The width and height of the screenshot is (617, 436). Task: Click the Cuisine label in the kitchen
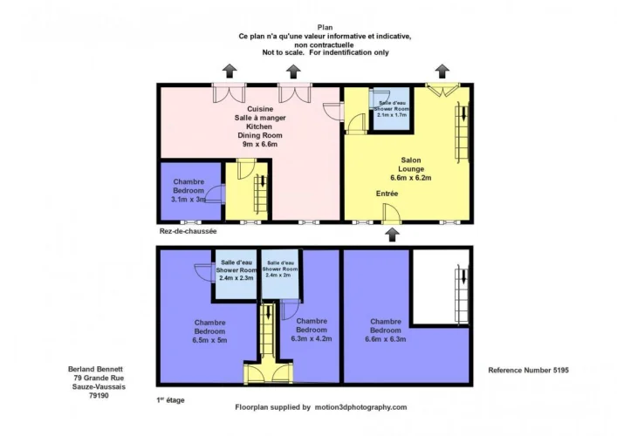(260, 109)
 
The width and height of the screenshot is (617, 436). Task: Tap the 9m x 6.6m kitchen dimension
(260, 144)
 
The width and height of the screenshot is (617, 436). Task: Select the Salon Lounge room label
(411, 164)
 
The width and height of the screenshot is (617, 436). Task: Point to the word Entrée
(387, 194)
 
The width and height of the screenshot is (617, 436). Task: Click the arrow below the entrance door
(393, 235)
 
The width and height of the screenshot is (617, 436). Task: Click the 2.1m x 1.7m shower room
(392, 109)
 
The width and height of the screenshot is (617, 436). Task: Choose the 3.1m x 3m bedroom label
(189, 191)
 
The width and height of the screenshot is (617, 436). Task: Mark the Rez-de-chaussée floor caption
(189, 231)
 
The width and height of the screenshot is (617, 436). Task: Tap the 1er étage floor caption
(170, 400)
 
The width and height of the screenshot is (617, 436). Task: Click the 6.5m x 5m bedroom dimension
(209, 340)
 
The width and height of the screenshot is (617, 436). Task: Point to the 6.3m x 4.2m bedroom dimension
(312, 338)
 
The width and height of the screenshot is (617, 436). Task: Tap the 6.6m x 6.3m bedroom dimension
(385, 339)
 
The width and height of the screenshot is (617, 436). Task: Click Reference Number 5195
(529, 370)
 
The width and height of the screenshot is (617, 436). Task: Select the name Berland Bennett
(95, 369)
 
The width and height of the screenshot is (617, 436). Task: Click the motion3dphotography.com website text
(360, 407)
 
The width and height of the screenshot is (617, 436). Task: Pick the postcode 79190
(99, 396)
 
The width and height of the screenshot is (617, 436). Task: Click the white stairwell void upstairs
(433, 287)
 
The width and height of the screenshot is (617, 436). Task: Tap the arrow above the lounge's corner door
(442, 72)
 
